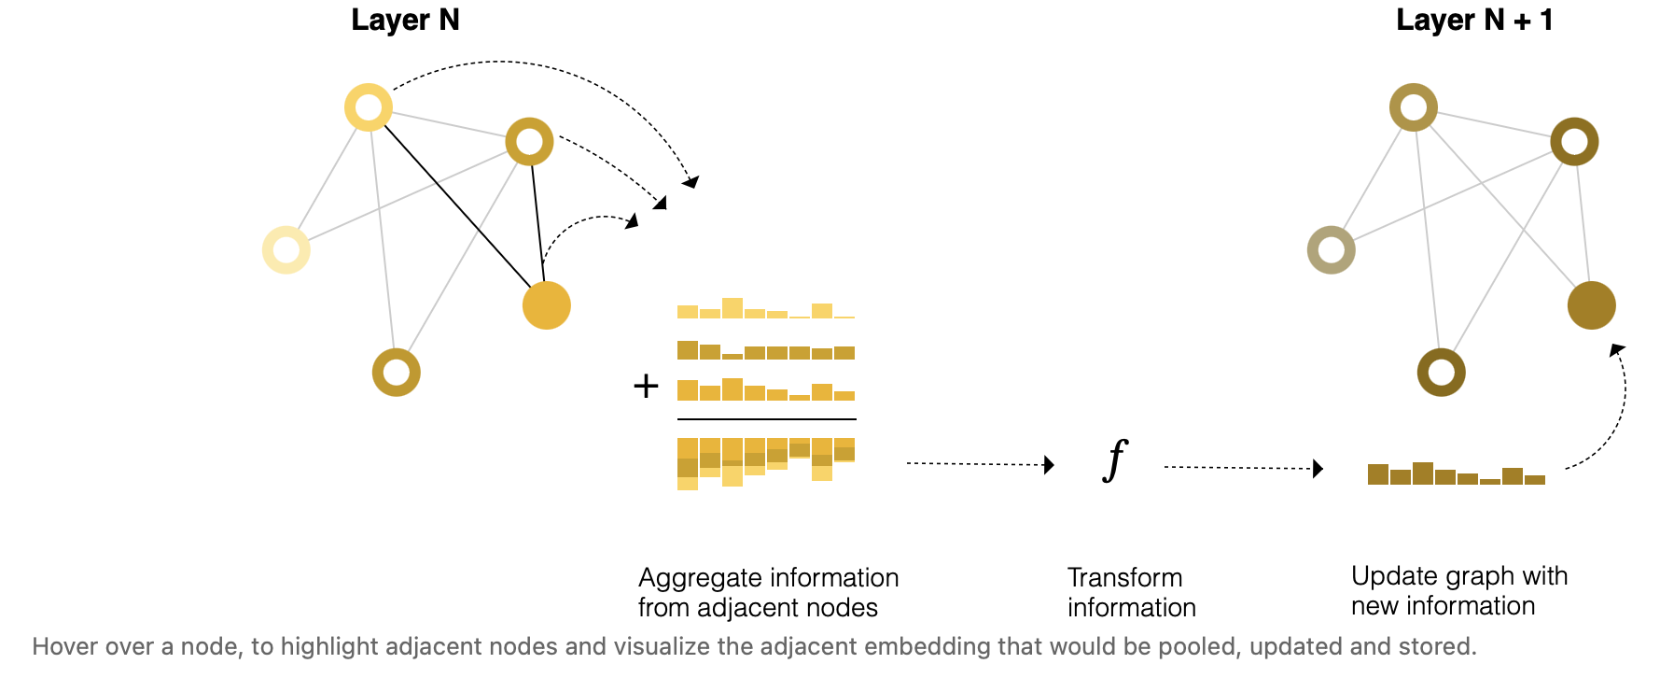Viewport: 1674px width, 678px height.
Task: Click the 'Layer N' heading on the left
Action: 405,21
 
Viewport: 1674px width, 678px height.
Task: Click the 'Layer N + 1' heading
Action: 1473,21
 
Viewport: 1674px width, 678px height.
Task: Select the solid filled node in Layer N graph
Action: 547,305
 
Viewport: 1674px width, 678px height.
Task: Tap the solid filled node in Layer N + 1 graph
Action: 1591,305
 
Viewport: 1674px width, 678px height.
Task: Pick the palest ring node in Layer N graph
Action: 286,250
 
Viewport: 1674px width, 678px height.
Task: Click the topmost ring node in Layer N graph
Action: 369,107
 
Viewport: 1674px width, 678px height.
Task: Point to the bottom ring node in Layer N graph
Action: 397,373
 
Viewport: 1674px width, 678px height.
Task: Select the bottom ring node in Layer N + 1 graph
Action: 1441,373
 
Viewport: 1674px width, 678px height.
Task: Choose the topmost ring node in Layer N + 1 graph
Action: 1413,107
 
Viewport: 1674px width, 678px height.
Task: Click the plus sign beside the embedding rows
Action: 646,386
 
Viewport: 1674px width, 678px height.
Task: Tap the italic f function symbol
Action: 1115,460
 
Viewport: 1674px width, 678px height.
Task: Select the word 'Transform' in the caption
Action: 1124,578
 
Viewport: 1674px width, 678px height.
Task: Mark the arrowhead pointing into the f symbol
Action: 1050,465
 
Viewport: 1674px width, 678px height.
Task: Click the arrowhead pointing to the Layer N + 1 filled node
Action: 1617,350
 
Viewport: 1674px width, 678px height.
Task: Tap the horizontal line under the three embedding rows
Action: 766,419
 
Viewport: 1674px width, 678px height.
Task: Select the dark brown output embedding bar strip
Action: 1456,474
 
